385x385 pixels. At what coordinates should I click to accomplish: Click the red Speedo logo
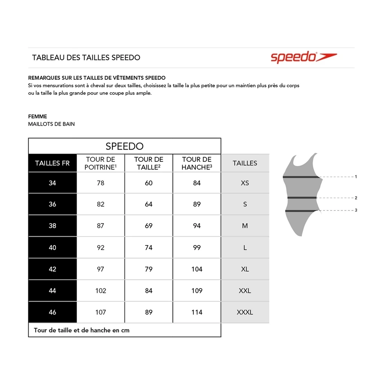303,57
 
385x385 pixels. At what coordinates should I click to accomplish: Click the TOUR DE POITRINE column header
100,163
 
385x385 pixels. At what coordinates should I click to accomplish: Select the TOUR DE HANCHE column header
197,163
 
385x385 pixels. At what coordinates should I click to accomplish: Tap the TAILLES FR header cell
52,163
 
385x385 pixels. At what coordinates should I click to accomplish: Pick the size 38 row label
52,226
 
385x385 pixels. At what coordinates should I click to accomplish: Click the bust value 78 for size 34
100,183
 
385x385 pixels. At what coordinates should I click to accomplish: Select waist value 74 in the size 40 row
149,247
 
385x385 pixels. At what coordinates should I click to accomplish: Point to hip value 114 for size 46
197,312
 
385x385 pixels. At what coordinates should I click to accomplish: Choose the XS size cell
245,183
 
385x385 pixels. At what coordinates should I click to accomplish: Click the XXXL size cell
245,312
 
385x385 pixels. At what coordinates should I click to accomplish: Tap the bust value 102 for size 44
100,291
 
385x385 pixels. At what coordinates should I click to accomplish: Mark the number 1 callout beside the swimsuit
356,177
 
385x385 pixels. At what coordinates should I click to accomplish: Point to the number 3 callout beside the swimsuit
356,210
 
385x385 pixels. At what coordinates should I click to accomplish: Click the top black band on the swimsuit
301,177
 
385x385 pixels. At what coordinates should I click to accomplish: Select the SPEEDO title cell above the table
124,146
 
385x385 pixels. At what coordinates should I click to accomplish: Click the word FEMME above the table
38,117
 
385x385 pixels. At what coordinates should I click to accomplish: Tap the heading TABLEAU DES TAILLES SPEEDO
86,58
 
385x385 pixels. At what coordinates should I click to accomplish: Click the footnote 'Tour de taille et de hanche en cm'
82,330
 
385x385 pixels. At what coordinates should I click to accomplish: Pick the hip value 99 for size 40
197,247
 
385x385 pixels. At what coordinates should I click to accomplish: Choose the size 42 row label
52,269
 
